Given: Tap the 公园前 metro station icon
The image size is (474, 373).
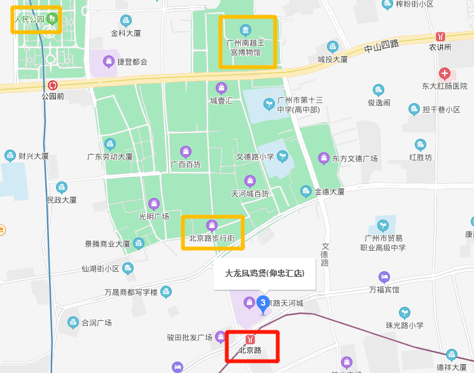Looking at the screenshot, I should click(x=53, y=85).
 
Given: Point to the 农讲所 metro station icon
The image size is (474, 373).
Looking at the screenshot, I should click(x=440, y=37).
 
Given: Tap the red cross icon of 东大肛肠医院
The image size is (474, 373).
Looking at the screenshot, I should click(x=445, y=74).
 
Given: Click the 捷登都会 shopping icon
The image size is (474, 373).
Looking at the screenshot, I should click(x=109, y=61).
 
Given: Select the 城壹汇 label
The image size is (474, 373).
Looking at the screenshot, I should click(x=221, y=101).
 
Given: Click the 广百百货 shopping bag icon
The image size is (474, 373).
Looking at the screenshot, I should click(x=185, y=151).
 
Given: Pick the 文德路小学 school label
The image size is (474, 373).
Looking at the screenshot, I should click(x=255, y=157).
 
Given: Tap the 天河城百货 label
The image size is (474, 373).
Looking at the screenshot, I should click(x=249, y=193).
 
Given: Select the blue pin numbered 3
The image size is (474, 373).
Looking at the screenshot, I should click(x=263, y=302).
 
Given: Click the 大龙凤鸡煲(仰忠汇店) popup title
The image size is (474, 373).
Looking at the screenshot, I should click(x=264, y=274).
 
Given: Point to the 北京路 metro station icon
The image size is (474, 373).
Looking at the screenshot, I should click(x=250, y=339).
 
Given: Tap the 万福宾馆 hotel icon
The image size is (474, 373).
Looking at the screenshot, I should click(x=384, y=277).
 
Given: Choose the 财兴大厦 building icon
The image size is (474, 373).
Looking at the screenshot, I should click(x=10, y=155).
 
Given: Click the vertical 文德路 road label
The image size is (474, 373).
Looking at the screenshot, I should click(x=325, y=254).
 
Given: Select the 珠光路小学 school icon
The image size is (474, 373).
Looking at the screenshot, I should click(x=404, y=313).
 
